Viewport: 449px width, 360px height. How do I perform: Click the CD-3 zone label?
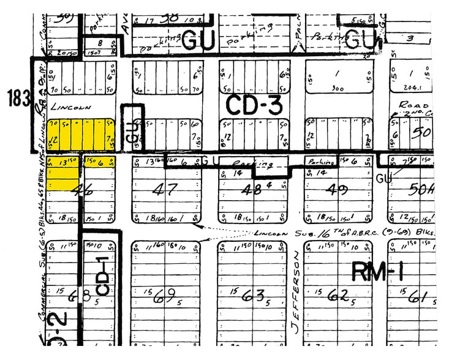254,105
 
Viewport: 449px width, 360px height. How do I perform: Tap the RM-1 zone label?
379,270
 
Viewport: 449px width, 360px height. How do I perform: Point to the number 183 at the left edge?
18,98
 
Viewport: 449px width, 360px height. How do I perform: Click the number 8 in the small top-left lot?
99,43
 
